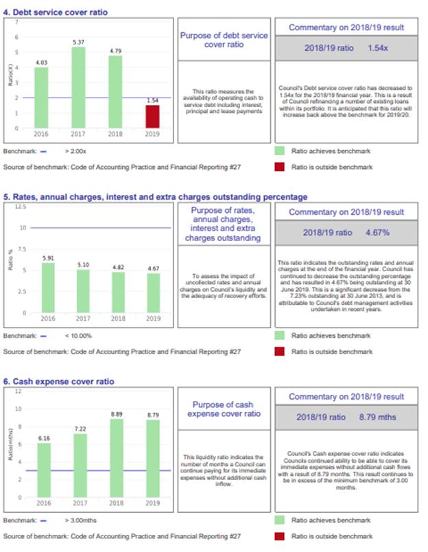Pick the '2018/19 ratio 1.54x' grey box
click(345, 48)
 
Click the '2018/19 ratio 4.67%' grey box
click(345, 232)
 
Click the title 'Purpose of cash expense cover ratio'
click(226, 409)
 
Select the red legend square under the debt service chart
click(279, 166)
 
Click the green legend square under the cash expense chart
click(279, 520)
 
